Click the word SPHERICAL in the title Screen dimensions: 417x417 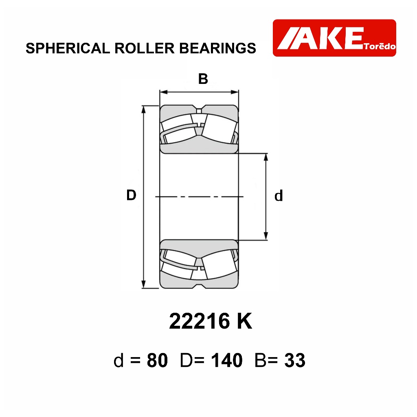click(x=68, y=48)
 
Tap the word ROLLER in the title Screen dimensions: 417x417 click(x=145, y=48)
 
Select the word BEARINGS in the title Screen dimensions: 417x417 click(x=217, y=48)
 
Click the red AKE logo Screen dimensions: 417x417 click(x=334, y=38)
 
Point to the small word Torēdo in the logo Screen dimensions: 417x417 click(x=380, y=46)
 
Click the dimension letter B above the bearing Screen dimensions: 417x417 click(x=203, y=79)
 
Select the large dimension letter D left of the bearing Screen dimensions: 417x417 click(x=131, y=195)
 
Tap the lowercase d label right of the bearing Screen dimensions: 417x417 click(x=279, y=196)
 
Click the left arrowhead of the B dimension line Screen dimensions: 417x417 click(x=163, y=92)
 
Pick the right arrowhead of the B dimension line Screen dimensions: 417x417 click(x=235, y=92)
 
